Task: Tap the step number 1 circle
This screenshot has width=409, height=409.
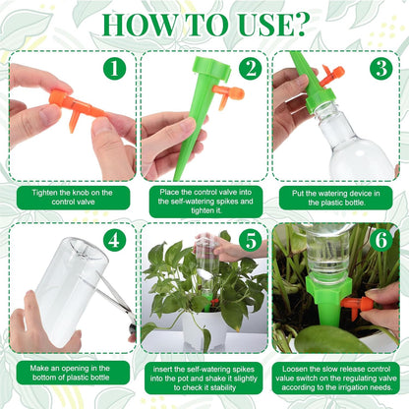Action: (115, 68)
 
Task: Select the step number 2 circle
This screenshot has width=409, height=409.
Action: (250, 68)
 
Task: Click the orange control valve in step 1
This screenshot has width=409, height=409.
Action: (74, 103)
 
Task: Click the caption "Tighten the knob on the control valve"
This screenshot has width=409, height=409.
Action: (67, 198)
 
